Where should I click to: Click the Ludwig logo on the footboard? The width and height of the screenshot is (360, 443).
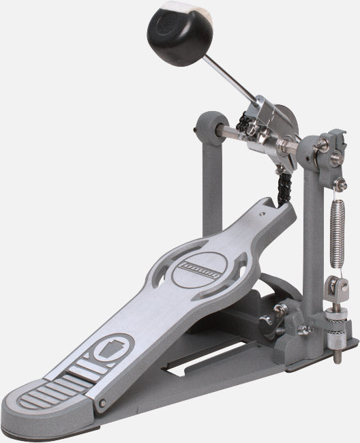coord(200,269)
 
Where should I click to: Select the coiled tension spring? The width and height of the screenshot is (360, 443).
coord(337,234)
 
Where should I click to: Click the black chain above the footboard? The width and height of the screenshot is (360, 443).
coord(284,187)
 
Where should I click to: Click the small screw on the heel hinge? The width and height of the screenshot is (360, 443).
coord(102,403)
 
